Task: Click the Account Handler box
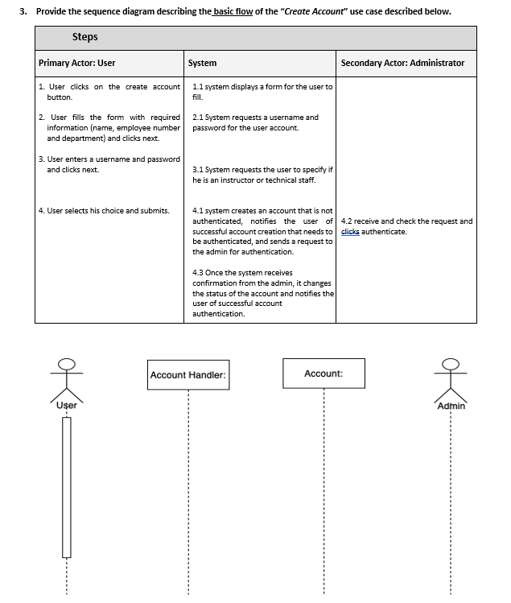click(188, 375)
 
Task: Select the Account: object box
click(323, 374)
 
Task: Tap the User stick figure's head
click(67, 364)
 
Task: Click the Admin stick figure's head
click(451, 364)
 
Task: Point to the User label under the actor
click(67, 405)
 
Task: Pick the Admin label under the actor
click(451, 406)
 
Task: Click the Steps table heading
click(85, 37)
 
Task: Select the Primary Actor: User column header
click(77, 63)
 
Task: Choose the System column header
click(202, 63)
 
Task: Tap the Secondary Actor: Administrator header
click(402, 63)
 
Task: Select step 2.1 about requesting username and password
click(256, 122)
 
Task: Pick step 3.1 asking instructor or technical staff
click(262, 175)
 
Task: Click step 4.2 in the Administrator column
click(406, 226)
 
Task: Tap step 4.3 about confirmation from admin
click(262, 293)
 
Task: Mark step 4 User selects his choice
click(104, 211)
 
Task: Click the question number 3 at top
click(23, 11)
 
